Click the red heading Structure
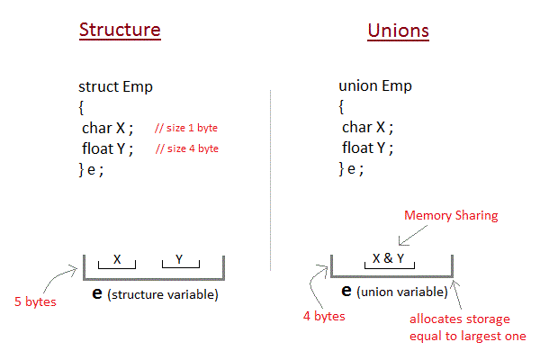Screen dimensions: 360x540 click(x=120, y=29)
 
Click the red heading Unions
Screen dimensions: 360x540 click(x=398, y=31)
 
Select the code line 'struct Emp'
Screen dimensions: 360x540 click(x=115, y=87)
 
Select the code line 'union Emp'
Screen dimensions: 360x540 click(x=375, y=87)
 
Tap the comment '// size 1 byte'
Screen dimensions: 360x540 click(x=186, y=129)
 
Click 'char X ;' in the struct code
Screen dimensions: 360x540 click(x=107, y=128)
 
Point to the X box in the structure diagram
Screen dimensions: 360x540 click(x=117, y=260)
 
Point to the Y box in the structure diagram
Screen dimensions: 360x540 click(x=179, y=260)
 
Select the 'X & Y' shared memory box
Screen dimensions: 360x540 click(x=389, y=259)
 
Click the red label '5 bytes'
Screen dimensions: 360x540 click(x=34, y=301)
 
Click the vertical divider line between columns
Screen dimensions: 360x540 click(x=271, y=180)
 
